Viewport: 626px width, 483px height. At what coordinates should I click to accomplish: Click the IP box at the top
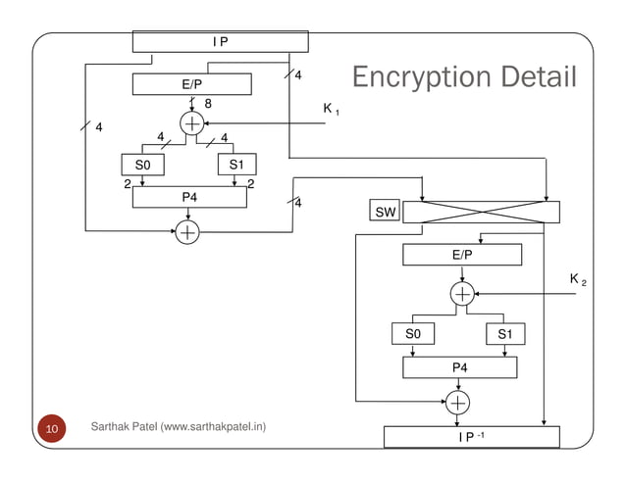[x=221, y=41]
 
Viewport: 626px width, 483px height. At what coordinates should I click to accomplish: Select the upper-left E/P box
[x=191, y=85]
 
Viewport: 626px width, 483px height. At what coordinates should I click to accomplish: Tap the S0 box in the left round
[x=143, y=165]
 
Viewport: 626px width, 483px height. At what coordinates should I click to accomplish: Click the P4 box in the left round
[x=188, y=198]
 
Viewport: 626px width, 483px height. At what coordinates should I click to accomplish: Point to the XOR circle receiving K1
[x=192, y=122]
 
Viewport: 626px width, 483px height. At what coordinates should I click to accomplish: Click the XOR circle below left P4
[x=186, y=232]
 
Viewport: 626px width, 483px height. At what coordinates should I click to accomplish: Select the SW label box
[x=382, y=213]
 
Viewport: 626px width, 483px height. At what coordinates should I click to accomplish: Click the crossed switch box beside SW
[x=482, y=213]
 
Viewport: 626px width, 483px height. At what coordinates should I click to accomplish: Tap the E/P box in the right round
[x=461, y=255]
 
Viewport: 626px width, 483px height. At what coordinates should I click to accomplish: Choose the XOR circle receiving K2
[x=462, y=294]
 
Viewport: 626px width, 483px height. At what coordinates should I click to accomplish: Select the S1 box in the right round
[x=504, y=335]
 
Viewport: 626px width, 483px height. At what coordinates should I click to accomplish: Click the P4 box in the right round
[x=460, y=367]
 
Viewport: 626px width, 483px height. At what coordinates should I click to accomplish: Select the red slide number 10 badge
[x=51, y=429]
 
